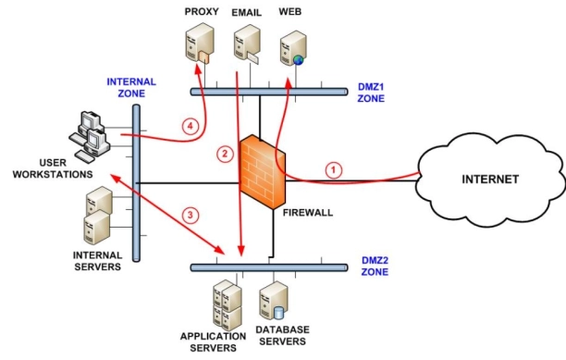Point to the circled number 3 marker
(190, 217)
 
